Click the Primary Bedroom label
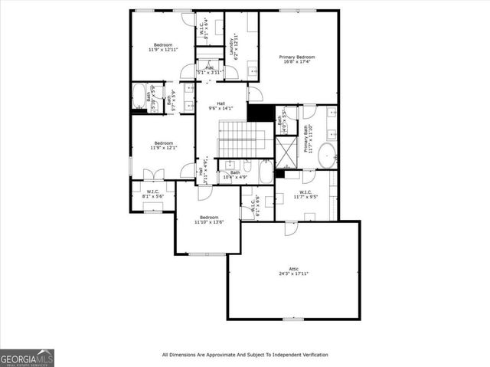point(297,57)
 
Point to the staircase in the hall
point(242,139)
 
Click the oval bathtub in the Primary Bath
point(328,156)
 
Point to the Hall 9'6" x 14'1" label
point(220,106)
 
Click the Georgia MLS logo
point(27,358)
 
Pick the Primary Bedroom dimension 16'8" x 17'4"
point(297,62)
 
